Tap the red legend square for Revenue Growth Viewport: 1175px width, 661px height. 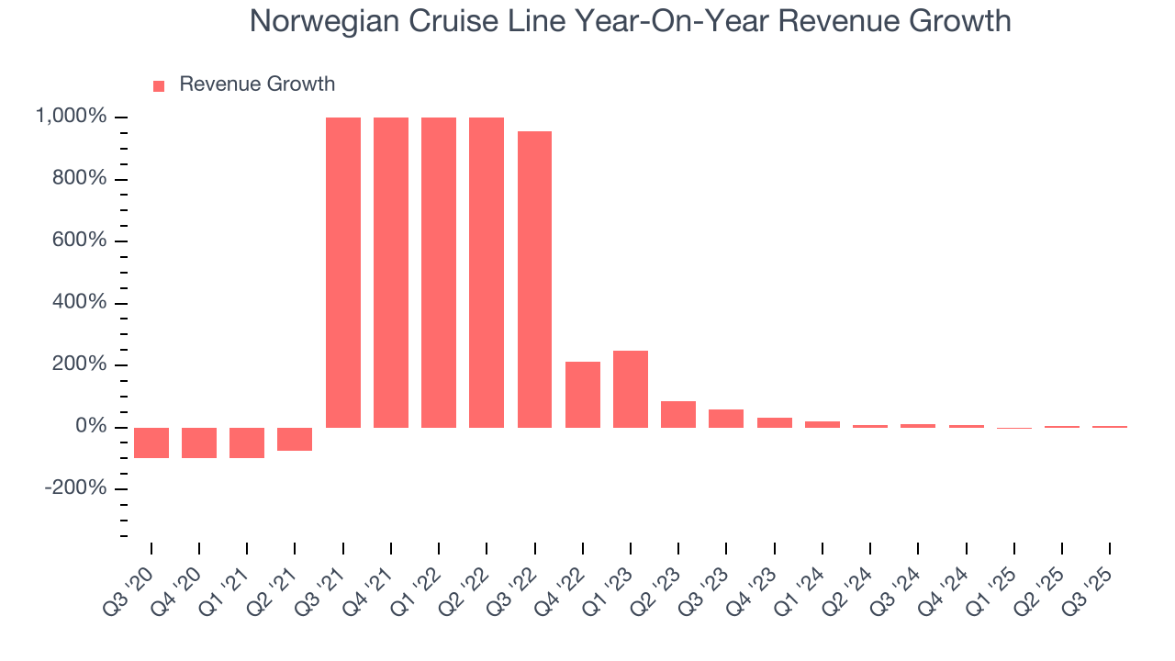point(159,85)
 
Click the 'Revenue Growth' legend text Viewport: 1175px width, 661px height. point(257,84)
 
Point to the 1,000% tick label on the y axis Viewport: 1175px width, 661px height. point(71,117)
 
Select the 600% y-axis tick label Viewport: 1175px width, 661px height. point(79,241)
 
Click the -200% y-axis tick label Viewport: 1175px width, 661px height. point(76,488)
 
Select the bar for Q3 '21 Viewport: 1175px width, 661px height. point(343,273)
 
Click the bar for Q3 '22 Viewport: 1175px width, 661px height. point(534,280)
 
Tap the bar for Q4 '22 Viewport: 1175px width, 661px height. point(583,395)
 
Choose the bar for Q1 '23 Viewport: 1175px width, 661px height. point(631,389)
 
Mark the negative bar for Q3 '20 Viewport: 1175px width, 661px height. point(151,443)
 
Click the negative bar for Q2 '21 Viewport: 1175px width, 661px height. point(295,439)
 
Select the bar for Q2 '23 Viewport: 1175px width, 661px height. point(678,414)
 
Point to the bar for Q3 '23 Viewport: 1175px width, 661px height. point(726,419)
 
